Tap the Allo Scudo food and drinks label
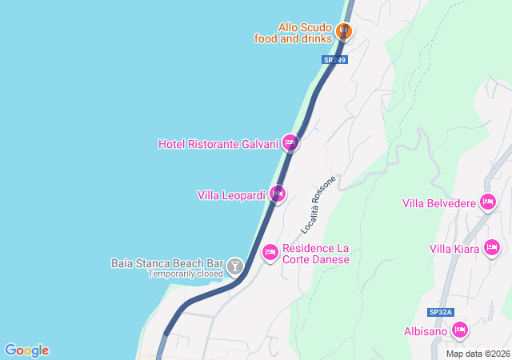[x=294, y=33]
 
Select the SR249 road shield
[x=335, y=60]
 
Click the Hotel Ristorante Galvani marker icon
[x=290, y=143]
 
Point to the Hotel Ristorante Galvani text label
[x=218, y=144]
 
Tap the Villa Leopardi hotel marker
[x=277, y=194]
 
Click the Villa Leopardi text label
[x=231, y=195]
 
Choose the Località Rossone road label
[x=318, y=205]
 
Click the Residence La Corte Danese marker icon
[x=270, y=253]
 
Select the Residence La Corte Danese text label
[x=316, y=254]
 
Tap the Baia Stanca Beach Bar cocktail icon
[x=235, y=266]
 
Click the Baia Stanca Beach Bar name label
[x=166, y=262]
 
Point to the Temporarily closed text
[x=185, y=274]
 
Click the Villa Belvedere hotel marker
[x=487, y=202]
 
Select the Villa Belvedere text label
[x=438, y=202]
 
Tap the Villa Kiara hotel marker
[x=492, y=248]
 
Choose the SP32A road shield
[x=440, y=312]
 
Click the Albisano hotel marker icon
[x=459, y=330]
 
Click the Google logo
[x=26, y=350]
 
